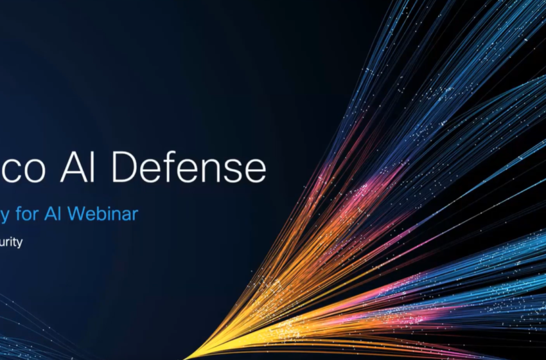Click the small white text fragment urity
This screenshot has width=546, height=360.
[x=12, y=243]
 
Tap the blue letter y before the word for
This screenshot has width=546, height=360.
[x=7, y=215]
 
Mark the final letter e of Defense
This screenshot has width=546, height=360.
[x=254, y=171]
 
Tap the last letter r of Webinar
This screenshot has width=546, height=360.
[x=134, y=215]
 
